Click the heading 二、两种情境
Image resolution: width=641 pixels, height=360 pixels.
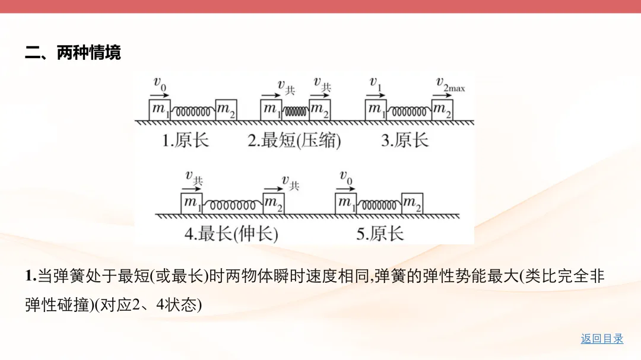click(73, 53)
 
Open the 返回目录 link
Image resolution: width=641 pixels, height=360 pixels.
click(602, 339)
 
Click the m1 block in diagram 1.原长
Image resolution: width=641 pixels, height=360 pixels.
click(158, 110)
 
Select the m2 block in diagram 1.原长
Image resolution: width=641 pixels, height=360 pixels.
click(226, 110)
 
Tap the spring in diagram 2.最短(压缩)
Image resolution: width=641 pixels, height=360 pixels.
click(295, 110)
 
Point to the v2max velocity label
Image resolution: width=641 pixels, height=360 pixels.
click(450, 84)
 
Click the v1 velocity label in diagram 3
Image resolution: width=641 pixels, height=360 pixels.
click(376, 84)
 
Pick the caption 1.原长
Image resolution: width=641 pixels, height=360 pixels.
click(186, 141)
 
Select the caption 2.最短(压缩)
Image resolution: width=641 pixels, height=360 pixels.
click(294, 141)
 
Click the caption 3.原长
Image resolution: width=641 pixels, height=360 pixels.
click(404, 141)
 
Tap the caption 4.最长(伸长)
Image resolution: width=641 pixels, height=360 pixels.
click(231, 233)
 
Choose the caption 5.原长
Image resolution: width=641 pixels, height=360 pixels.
click(380, 233)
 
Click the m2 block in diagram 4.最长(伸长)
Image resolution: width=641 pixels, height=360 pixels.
click(274, 203)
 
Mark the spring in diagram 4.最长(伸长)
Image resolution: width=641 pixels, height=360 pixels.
click(233, 204)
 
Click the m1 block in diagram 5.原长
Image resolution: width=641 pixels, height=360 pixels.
click(345, 203)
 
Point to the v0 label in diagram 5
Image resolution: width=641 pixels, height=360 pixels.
click(345, 177)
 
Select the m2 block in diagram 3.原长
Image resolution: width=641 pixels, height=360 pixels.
click(442, 110)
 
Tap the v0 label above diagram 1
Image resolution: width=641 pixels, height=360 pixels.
click(160, 84)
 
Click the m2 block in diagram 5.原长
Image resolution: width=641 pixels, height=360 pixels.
click(412, 203)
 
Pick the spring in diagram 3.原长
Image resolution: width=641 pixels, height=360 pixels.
click(408, 110)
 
